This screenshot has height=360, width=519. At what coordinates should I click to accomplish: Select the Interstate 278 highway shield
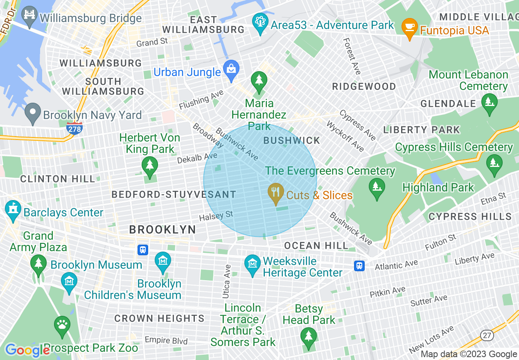click(74, 128)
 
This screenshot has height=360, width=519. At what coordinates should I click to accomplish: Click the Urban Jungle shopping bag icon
click(231, 72)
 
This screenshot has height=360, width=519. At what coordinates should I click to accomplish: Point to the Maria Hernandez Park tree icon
click(259, 80)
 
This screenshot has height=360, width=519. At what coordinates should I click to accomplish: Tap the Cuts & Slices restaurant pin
click(276, 193)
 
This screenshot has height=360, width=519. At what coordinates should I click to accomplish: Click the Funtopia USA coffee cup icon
click(409, 27)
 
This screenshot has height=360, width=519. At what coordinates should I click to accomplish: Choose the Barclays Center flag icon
click(13, 211)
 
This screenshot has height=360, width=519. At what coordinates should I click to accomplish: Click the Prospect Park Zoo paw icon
click(62, 325)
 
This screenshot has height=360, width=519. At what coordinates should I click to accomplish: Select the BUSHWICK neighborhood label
click(291, 141)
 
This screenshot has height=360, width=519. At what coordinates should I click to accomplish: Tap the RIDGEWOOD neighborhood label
click(364, 87)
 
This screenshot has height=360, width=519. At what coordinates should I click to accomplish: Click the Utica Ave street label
click(227, 281)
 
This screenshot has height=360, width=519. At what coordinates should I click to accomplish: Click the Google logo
click(27, 350)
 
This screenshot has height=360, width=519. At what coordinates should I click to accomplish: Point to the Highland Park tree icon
click(376, 188)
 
